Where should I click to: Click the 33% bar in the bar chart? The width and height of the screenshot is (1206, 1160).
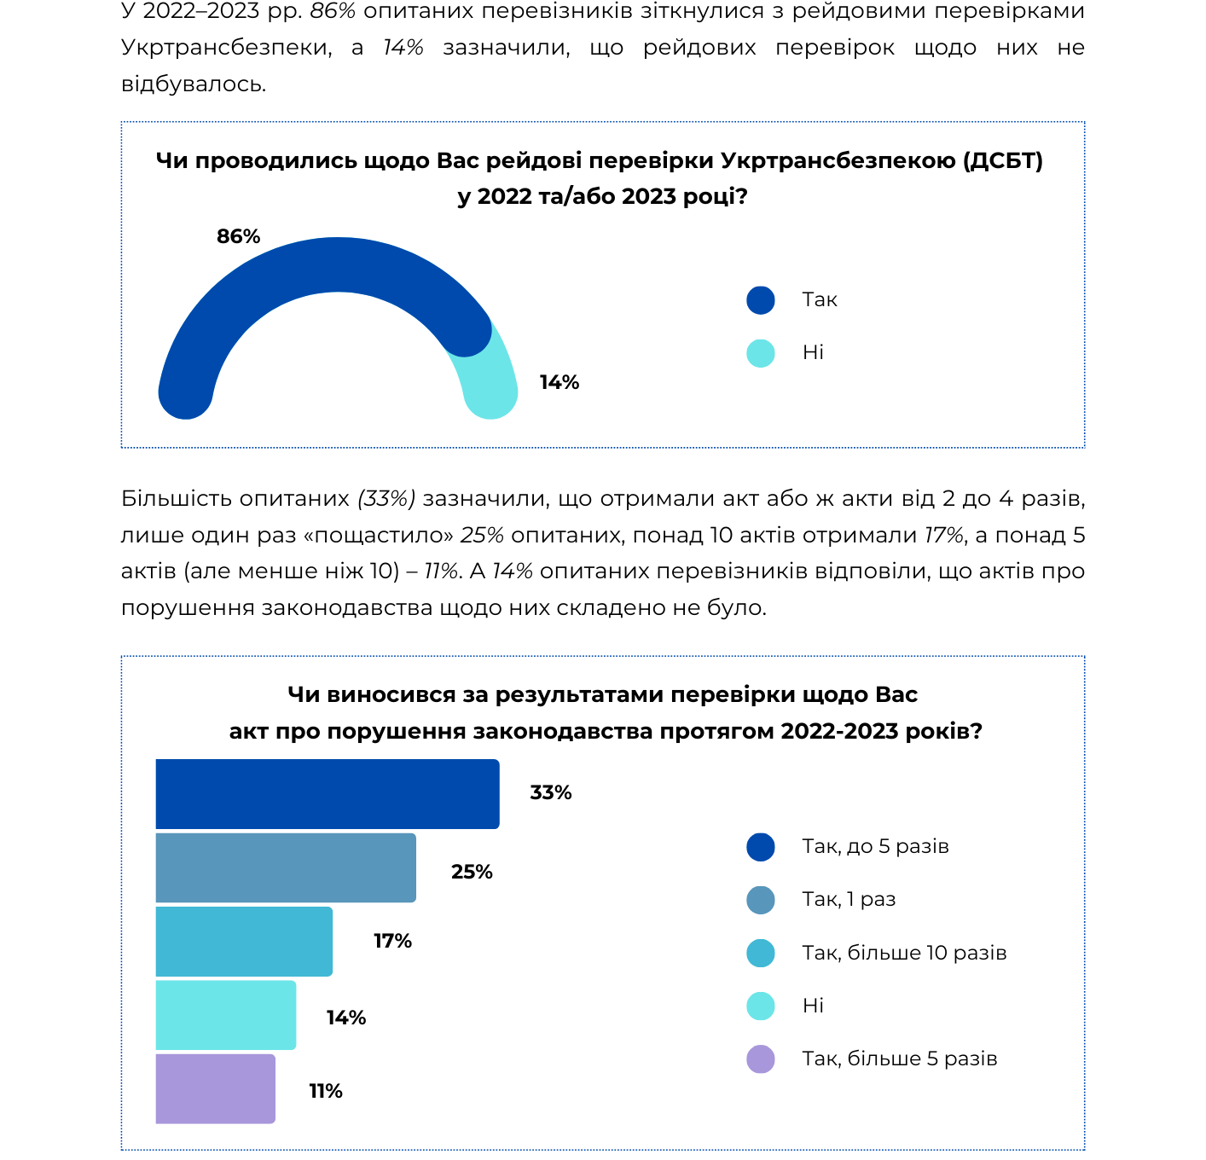328,793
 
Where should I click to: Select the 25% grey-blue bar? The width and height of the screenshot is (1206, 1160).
286,867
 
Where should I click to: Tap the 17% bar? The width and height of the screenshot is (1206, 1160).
244,941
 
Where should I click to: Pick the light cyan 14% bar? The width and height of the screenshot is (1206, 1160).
225,1014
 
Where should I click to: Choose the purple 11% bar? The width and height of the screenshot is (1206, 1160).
215,1088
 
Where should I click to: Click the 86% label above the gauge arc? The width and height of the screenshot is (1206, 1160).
238,236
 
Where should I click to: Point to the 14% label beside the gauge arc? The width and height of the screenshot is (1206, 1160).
559,382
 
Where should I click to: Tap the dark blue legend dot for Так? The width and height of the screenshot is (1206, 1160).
761,300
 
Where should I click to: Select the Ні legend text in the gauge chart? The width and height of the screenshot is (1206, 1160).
813,352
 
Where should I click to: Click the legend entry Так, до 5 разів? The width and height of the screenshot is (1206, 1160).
875,846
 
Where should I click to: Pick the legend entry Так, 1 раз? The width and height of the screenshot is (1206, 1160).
849,898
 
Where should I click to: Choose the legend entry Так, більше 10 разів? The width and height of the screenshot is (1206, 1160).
904,952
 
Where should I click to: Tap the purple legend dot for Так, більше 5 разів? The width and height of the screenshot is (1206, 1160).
761,1058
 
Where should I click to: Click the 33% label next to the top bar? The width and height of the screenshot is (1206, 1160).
550,792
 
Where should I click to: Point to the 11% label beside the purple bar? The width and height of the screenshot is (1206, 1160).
325,1091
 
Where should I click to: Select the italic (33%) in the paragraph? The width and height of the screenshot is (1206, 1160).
386,498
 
